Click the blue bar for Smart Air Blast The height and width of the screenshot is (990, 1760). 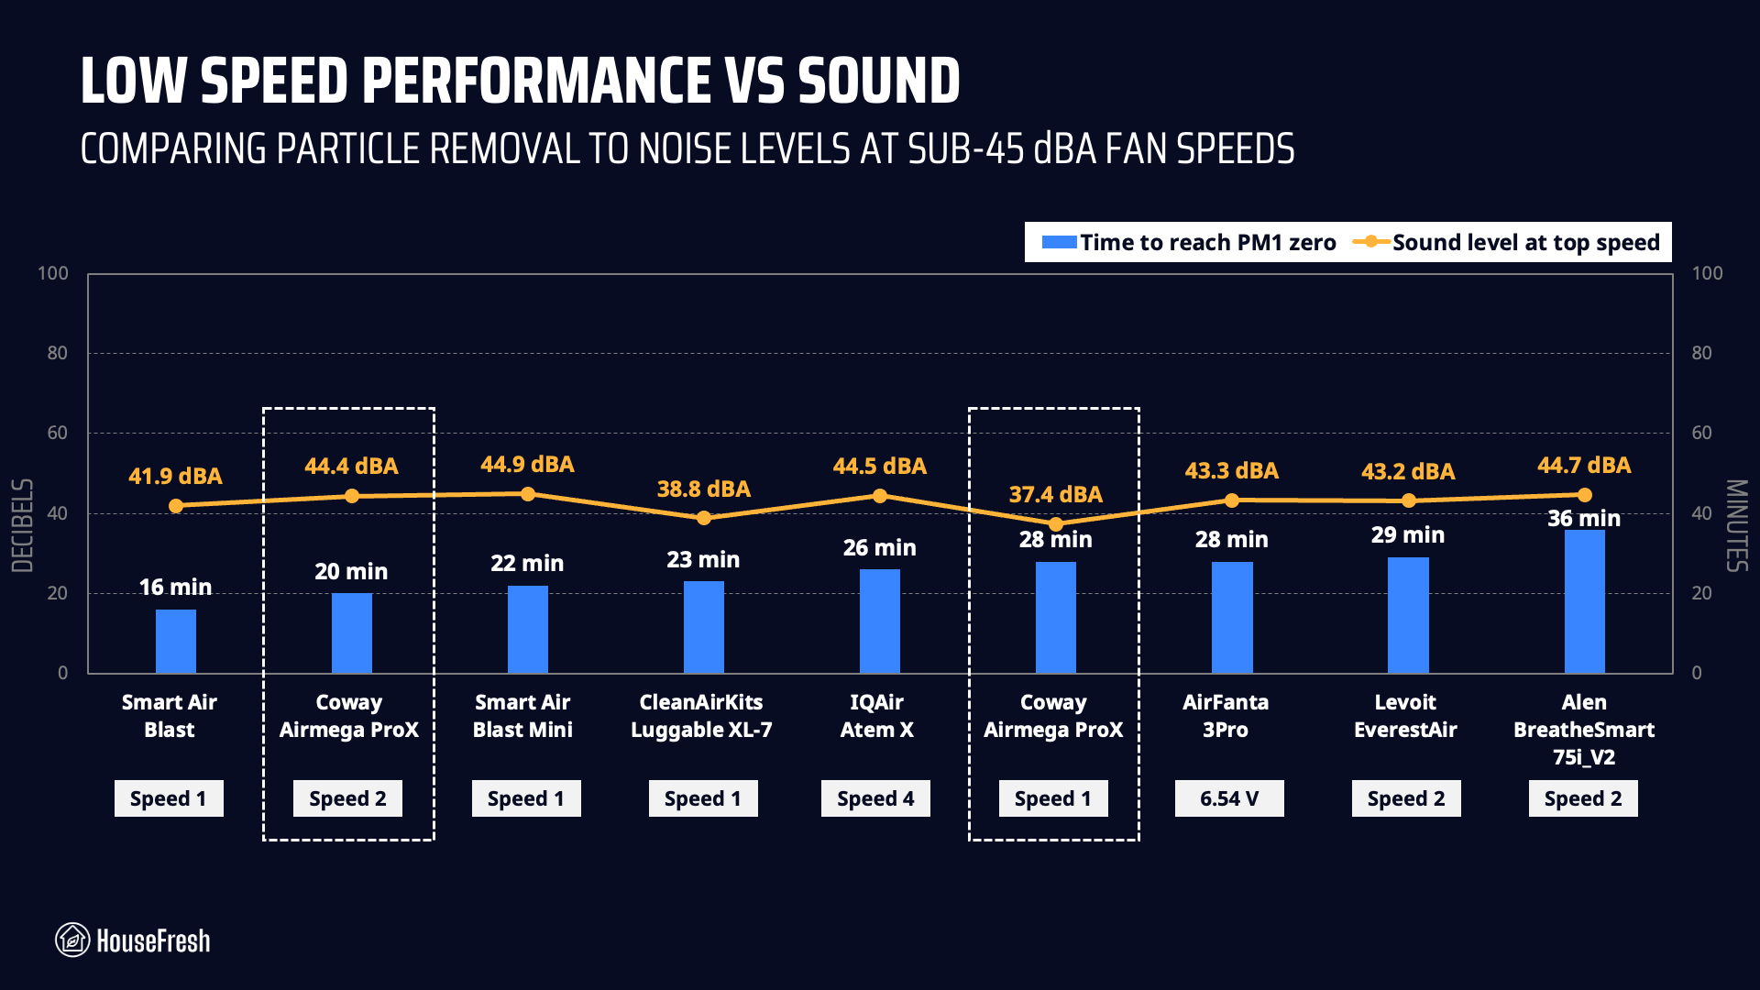pos(175,641)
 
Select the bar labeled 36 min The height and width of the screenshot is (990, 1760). pos(1584,601)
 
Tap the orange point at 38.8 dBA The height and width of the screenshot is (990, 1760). pos(704,518)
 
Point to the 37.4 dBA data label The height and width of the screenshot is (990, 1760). pos(1055,495)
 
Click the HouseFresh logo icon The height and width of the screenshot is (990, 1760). pos(72,940)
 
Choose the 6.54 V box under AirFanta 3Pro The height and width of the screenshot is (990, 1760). pos(1229,798)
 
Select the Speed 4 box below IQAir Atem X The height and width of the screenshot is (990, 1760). pos(875,798)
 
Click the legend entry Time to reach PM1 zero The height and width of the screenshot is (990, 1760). pos(1189,243)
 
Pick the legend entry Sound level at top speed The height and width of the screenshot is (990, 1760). pos(1508,243)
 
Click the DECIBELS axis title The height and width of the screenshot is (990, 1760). pos(23,525)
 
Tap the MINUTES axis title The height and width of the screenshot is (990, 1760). pos(1736,525)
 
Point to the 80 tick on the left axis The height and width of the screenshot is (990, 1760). pos(58,353)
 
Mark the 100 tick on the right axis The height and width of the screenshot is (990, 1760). pos(1707,273)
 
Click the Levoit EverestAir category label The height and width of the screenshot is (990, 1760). pos(1405,716)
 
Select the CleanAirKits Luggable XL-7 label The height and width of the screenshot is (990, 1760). pos(701,716)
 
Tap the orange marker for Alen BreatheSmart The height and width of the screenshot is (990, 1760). pos(1584,496)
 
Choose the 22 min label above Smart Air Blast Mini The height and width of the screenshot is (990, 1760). pos(527,563)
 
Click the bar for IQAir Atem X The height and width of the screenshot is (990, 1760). pos(879,621)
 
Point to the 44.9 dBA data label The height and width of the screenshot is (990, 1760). pos(527,465)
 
